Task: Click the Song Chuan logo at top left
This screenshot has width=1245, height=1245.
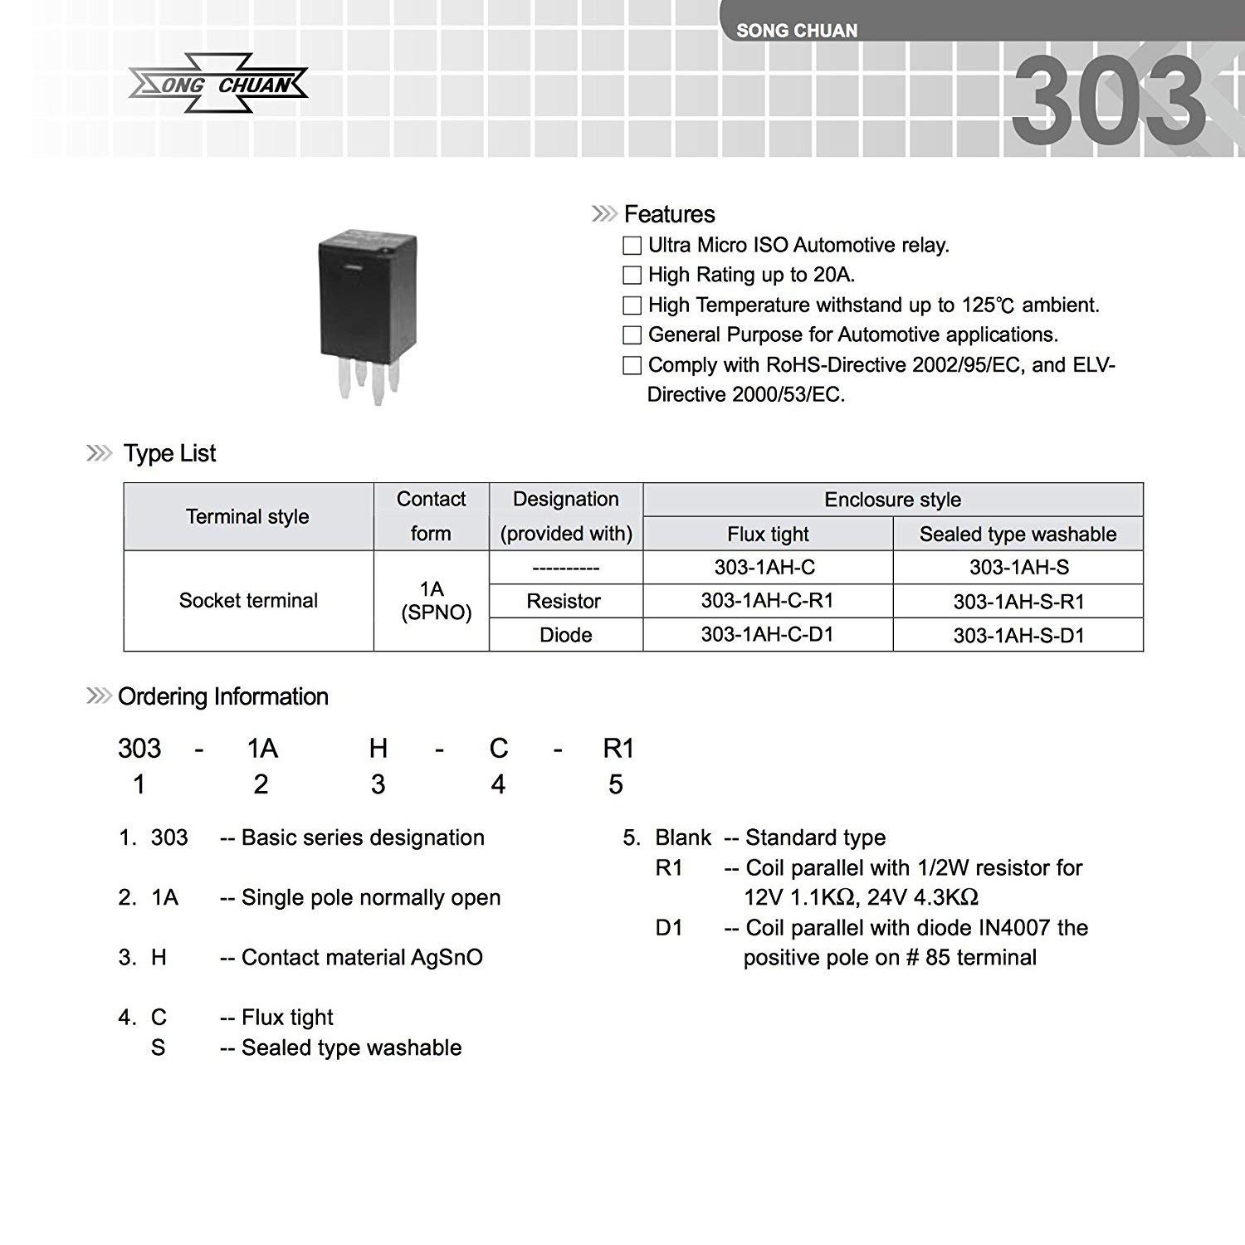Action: tap(218, 85)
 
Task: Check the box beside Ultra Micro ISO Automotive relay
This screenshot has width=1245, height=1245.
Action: tap(632, 246)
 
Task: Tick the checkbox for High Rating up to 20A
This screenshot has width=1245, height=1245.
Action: tap(632, 276)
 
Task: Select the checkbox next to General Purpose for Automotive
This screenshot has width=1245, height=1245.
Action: tap(632, 335)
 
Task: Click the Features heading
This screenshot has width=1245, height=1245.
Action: tap(669, 214)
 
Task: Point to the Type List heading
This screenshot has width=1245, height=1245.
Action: tap(169, 453)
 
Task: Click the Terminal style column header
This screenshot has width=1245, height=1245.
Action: tap(247, 516)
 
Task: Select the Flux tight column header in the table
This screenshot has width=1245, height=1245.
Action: tap(768, 534)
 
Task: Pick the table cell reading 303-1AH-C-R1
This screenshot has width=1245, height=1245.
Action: tap(767, 601)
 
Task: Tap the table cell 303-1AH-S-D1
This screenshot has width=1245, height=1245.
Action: tap(1018, 636)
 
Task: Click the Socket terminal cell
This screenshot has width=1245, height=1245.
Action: tap(248, 601)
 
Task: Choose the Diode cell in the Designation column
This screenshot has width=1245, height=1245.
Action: tap(565, 635)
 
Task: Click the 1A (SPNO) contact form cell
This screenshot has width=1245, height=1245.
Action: tap(432, 601)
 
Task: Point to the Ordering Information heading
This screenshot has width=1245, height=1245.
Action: tap(222, 696)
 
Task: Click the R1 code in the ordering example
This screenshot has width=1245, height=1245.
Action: tap(618, 749)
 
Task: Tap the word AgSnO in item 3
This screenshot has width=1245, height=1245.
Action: tap(447, 958)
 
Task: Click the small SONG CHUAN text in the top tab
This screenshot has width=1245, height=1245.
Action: tap(797, 31)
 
